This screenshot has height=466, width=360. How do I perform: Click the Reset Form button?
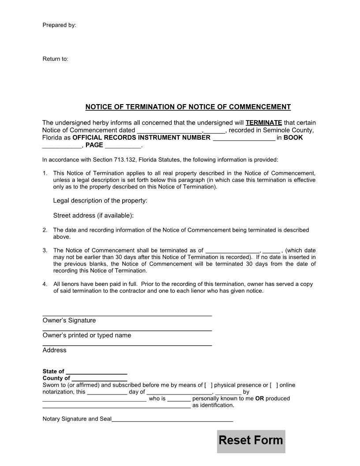(251, 441)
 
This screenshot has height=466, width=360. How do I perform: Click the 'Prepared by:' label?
(59, 25)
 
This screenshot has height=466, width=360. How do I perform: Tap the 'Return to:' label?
(55, 59)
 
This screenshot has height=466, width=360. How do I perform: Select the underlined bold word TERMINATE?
(263, 123)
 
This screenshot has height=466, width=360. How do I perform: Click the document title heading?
(187, 107)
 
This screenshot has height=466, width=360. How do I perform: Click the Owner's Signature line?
(127, 315)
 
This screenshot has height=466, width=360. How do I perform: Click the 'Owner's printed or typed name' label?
(86, 335)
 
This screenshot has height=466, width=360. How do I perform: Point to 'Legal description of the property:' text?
(100, 201)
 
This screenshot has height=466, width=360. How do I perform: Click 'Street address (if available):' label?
(93, 215)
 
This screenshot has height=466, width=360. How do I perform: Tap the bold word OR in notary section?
(259, 398)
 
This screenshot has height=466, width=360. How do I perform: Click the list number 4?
(45, 284)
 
